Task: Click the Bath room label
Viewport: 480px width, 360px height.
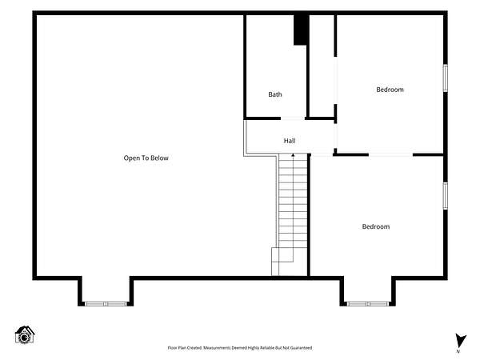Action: tap(275, 94)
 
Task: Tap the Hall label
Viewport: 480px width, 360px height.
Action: tap(290, 141)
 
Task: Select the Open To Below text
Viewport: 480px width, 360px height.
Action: tap(146, 158)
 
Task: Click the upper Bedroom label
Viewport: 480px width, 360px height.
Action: tap(390, 90)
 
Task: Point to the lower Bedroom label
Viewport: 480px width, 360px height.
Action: tap(376, 226)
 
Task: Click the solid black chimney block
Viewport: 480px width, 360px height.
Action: tap(300, 30)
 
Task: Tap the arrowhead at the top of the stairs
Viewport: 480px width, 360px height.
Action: tap(293, 155)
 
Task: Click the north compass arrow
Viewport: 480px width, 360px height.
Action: tap(461, 341)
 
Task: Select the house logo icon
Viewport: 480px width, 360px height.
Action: tap(25, 334)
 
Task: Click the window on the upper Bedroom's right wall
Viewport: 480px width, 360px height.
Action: tap(446, 78)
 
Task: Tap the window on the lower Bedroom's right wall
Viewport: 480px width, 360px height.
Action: tap(446, 196)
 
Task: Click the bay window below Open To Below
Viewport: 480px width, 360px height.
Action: tap(106, 304)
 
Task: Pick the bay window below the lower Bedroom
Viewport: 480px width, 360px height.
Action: tap(368, 304)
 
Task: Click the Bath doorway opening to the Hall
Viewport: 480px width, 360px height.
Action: tap(293, 118)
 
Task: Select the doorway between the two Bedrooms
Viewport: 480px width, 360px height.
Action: tap(390, 155)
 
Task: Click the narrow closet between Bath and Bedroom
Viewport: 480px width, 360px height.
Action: tap(322, 66)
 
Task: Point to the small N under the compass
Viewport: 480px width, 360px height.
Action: tap(458, 352)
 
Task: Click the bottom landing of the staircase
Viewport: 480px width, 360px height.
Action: tap(282, 262)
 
